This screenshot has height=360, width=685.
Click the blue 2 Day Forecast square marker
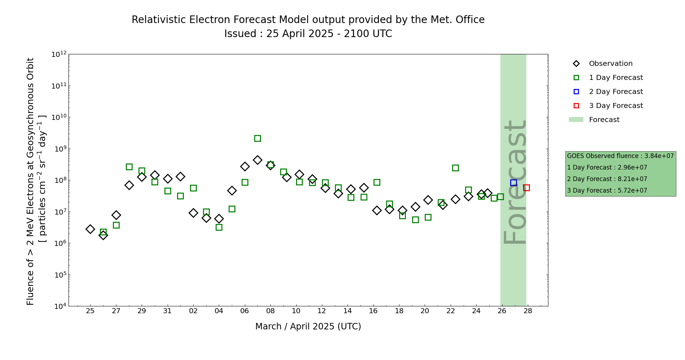click(x=513, y=183)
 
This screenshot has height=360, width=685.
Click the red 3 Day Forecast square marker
click(x=526, y=188)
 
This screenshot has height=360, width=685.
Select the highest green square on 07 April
click(x=257, y=139)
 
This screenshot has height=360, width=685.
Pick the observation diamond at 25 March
click(x=90, y=229)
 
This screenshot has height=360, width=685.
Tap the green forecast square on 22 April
click(x=455, y=168)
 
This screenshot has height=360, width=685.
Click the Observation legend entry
click(x=610, y=64)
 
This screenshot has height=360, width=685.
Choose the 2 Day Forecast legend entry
click(x=615, y=92)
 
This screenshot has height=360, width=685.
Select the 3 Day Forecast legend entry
click(x=615, y=106)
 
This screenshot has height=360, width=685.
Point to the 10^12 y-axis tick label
click(x=59, y=54)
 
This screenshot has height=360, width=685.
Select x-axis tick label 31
click(x=168, y=311)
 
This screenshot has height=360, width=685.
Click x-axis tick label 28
click(x=528, y=311)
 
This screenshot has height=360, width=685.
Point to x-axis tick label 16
click(x=373, y=311)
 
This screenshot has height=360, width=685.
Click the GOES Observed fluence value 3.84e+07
click(x=659, y=156)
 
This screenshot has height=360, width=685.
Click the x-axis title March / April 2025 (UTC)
click(x=308, y=327)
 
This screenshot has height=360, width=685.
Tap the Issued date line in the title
click(x=308, y=34)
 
